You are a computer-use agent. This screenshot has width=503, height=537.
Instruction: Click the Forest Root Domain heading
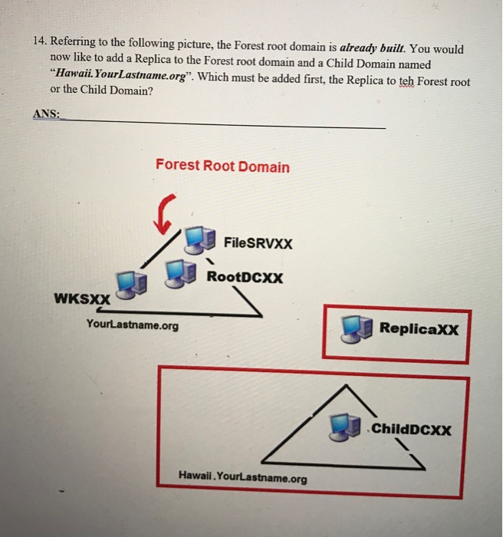pyautogui.click(x=222, y=166)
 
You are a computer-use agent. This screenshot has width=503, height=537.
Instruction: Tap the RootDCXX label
pyautogui.click(x=245, y=277)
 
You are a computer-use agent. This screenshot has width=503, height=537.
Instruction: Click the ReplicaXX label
pyautogui.click(x=419, y=330)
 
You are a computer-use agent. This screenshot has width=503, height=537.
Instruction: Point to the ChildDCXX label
pyautogui.click(x=412, y=430)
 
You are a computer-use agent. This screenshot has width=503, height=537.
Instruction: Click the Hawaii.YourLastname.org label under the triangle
pyautogui.click(x=242, y=478)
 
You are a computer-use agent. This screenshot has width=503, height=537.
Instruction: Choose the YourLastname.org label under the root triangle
pyautogui.click(x=133, y=325)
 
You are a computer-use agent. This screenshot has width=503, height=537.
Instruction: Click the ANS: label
pyautogui.click(x=46, y=114)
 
